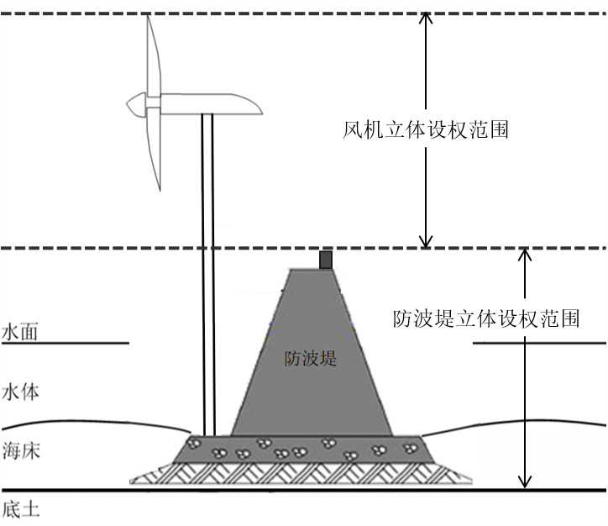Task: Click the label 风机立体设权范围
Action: click(426, 130)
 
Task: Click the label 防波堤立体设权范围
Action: click(486, 319)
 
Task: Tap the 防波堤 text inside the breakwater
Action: click(310, 359)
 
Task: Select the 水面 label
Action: click(20, 333)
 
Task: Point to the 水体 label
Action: click(20, 392)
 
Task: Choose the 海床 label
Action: click(20, 450)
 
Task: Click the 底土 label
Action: click(20, 509)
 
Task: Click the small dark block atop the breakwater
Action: click(326, 260)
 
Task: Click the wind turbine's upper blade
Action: click(152, 55)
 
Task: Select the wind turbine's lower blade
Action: click(153, 151)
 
